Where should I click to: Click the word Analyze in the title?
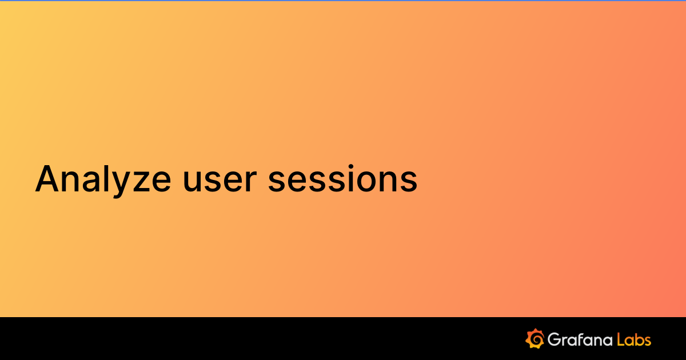tap(103, 178)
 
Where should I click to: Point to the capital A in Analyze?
tap(48, 178)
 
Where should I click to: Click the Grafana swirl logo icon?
tap(535, 339)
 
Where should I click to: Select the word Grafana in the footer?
tap(580, 339)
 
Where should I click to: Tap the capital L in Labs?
tap(621, 339)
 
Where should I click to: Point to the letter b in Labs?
tap(639, 339)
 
